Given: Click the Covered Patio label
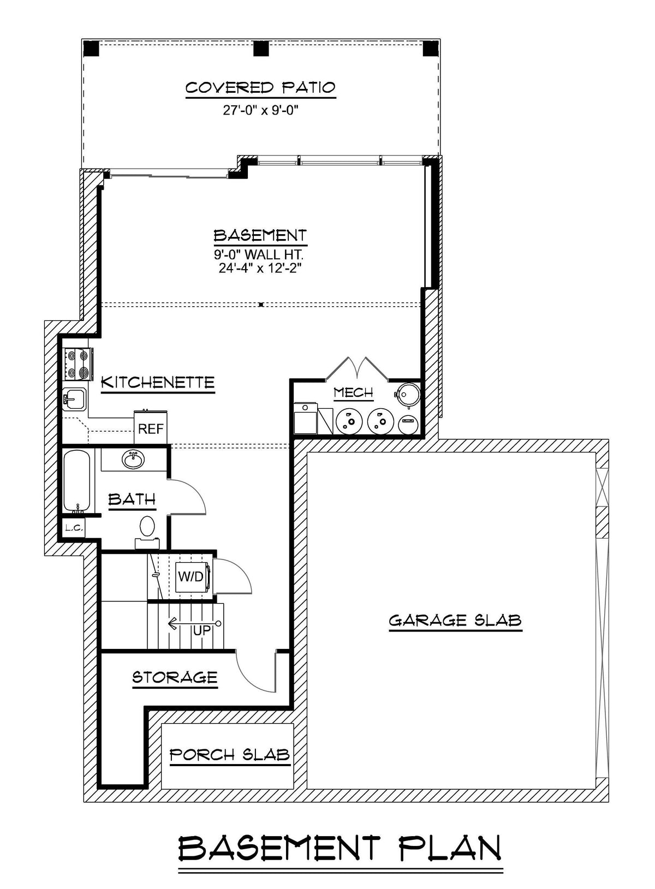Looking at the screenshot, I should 260,88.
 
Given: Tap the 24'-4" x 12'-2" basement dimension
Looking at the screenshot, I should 260,268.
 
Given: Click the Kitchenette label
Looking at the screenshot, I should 158,382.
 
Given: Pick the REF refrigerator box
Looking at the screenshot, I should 151,428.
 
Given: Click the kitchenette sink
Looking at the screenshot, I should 75,400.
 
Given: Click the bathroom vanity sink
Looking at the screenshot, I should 133,460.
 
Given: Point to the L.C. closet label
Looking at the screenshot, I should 73,528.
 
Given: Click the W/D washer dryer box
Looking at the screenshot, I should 190,577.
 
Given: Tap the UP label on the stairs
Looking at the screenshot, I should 202,630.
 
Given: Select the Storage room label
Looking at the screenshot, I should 175,678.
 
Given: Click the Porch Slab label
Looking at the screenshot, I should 229,755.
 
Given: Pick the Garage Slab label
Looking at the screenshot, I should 455,620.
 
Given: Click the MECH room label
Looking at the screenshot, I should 353,392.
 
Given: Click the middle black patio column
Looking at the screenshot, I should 261,49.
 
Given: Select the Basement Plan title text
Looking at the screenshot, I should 340,849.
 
